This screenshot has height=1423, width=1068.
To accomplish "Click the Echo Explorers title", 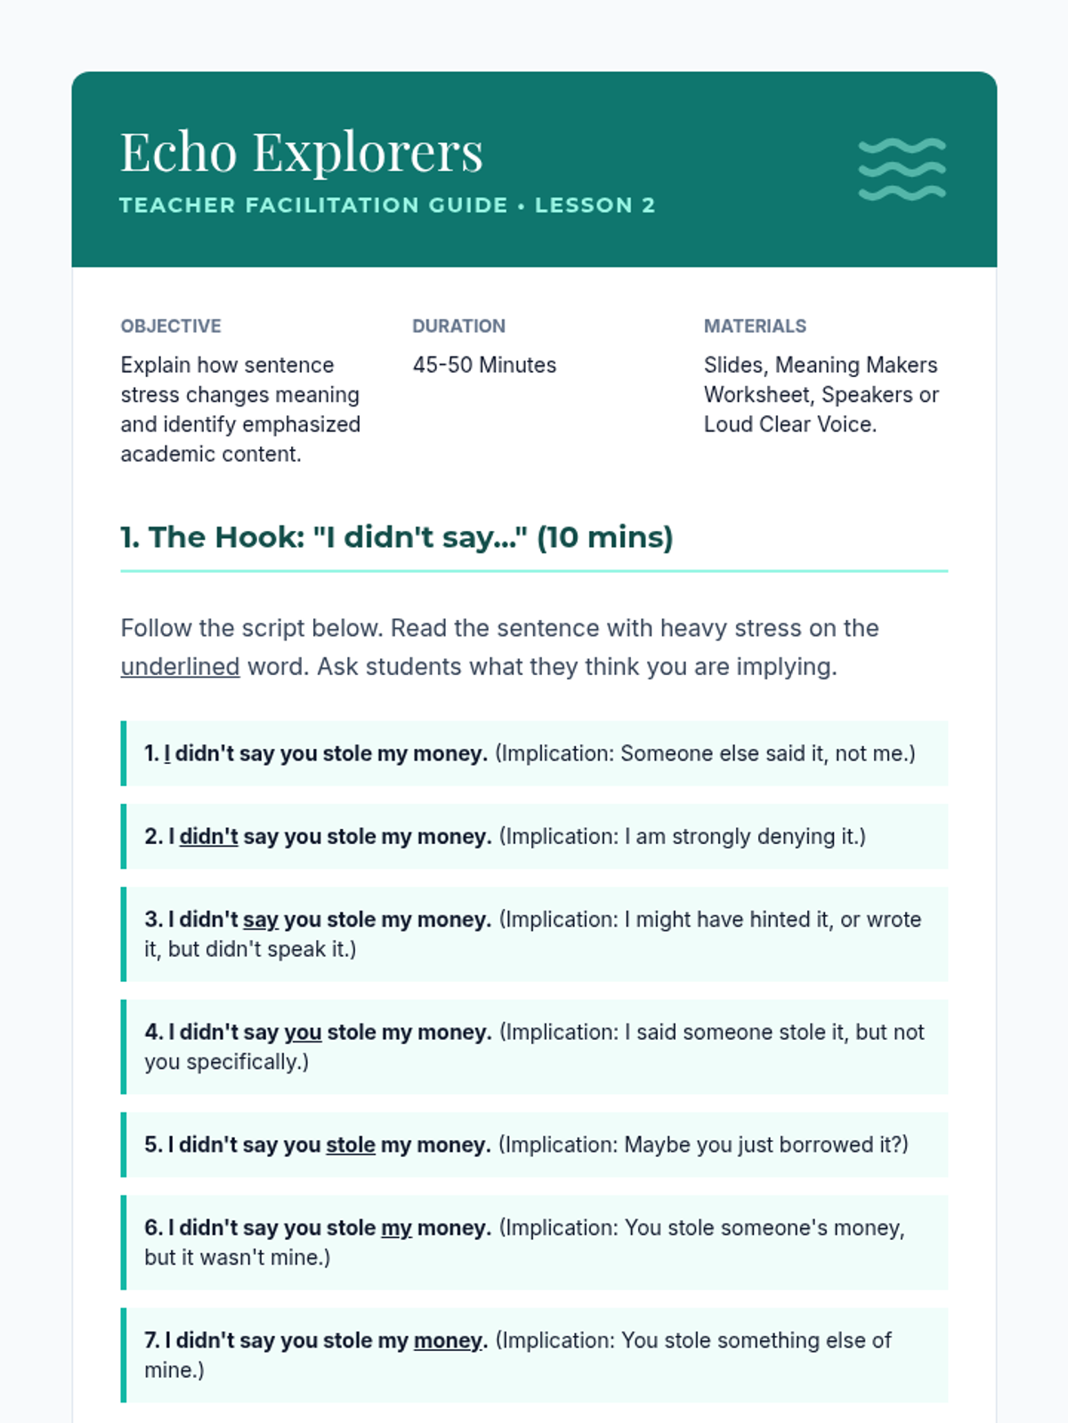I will pos(302,152).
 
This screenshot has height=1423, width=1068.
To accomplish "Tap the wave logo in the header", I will pos(902,169).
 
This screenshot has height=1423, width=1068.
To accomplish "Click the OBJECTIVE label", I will pos(171,326).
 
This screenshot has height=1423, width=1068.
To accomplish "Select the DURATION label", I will pos(458,326).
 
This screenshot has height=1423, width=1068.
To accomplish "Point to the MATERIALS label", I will pos(755,326).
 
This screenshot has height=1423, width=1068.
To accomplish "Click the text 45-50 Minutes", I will pos(484,366).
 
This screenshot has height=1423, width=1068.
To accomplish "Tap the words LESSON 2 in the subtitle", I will pos(595,205).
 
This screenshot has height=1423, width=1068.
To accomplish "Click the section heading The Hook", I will pos(396,537).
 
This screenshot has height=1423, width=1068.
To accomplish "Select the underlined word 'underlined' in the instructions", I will pos(180,667).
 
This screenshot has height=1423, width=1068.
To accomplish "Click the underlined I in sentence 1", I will pos(167,754).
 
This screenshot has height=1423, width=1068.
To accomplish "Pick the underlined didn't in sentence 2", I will pos(209,837).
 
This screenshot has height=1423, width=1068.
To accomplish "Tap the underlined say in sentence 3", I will pos(261,920).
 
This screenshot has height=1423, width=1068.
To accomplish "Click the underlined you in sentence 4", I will pos(303,1033).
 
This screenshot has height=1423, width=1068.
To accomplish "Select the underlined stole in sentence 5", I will pos(351,1146).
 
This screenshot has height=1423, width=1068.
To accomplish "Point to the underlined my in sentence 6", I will pos(396,1228).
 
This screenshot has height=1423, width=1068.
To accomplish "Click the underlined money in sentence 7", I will pos(448,1341).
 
